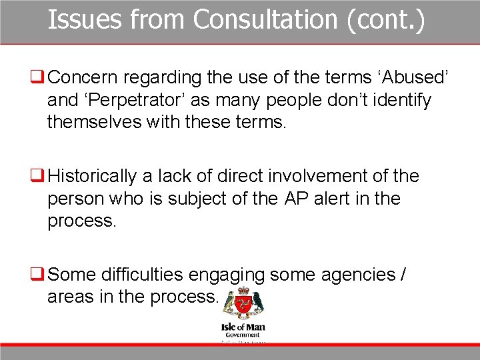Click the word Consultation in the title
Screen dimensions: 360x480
pyautogui.click(x=265, y=20)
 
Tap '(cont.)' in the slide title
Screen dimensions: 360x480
pyautogui.click(x=385, y=20)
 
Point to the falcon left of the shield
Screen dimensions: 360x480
pyautogui.click(x=229, y=302)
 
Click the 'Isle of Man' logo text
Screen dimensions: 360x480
pyautogui.click(x=242, y=327)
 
